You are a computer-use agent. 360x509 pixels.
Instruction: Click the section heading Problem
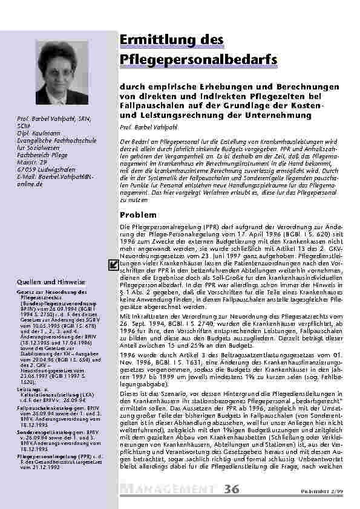tap(139, 215)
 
